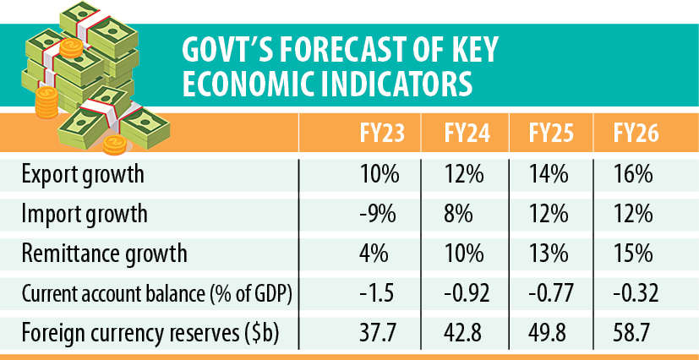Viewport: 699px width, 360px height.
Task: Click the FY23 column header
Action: click(x=374, y=134)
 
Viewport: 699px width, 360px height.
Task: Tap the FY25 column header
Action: click(x=546, y=134)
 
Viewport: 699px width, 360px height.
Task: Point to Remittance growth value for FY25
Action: click(x=546, y=252)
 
